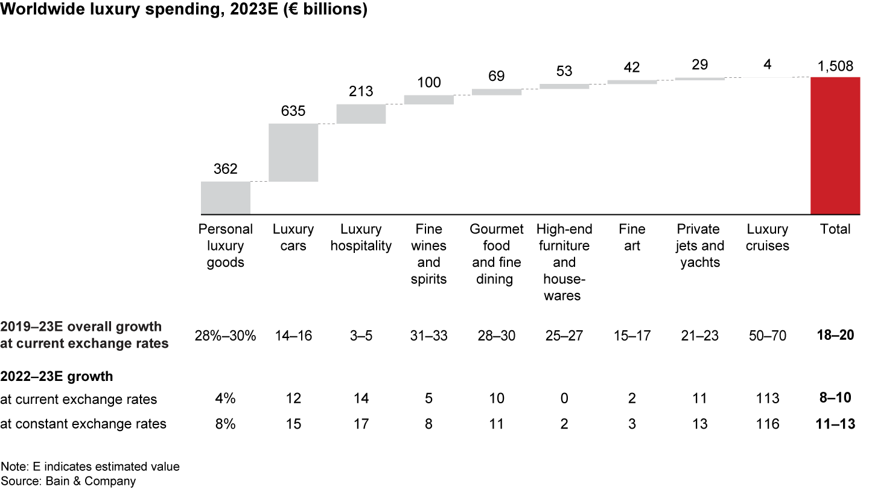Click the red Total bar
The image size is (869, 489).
coord(835,145)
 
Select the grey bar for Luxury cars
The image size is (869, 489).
coord(293,152)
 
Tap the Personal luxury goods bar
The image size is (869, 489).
coord(226,197)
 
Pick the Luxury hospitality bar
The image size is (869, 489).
coord(361,114)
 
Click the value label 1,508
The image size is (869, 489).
coord(835,67)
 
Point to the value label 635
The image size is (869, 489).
coord(293,112)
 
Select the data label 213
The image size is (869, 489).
coord(361,92)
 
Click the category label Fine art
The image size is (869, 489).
coord(632,237)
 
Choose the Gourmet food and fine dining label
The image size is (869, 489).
coord(497,254)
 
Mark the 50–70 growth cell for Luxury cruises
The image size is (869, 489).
coord(767,336)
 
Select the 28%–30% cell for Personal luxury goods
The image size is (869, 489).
coord(226,336)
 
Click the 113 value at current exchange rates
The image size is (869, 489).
coord(767,399)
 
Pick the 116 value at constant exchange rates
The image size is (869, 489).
coord(767,424)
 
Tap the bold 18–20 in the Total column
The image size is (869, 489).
coord(835,336)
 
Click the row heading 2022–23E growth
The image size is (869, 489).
coord(57,377)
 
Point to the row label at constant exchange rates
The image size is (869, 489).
coord(84,424)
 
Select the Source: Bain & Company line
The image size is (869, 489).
coord(68,481)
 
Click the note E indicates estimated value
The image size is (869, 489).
coord(90,467)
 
